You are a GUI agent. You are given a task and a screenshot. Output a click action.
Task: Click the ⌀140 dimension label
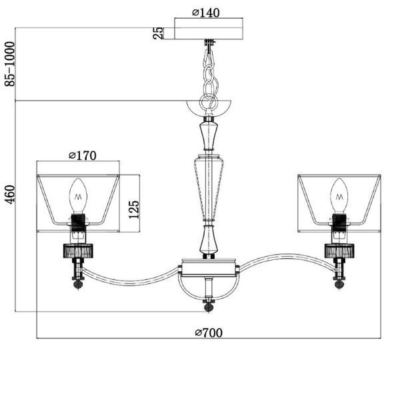tap(205, 13)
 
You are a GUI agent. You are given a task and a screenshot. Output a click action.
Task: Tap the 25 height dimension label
tap(158, 33)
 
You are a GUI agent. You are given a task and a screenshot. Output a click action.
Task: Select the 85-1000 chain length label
tap(10, 64)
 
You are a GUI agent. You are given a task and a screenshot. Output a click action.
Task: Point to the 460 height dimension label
tap(10, 195)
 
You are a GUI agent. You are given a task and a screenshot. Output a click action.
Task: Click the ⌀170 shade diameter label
tap(83, 155)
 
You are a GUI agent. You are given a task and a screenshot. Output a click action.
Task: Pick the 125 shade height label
tap(134, 209)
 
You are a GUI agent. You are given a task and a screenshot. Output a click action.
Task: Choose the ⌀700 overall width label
tap(209, 333)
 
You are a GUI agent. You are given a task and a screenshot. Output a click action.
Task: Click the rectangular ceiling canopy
tap(209, 29)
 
